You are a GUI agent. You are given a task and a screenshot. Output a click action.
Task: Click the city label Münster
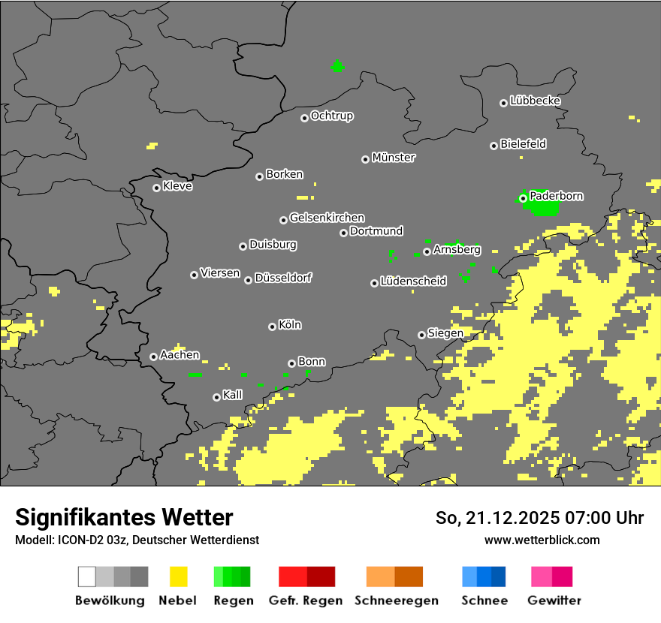[x=394, y=158]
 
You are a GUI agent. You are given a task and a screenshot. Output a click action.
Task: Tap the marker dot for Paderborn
[x=523, y=198]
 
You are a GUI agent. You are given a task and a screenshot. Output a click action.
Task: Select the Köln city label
[x=290, y=325]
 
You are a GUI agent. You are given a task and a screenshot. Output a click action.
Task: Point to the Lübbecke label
[x=535, y=101]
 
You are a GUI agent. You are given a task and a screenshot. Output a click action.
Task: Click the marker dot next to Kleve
[x=156, y=188]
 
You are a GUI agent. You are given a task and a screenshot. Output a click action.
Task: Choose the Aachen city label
[x=180, y=355]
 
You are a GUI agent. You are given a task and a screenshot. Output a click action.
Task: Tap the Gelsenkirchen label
[x=327, y=218]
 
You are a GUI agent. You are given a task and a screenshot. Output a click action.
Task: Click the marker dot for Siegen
[x=421, y=335]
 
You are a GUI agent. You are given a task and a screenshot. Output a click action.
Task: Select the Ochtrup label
[x=332, y=116]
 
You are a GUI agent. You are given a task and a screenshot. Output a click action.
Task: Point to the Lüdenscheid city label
[x=413, y=281]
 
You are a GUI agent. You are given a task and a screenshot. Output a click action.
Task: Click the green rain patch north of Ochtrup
[x=337, y=66]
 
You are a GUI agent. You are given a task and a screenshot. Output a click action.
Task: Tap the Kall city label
[x=233, y=395]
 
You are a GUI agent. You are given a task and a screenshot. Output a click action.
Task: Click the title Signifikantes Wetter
[x=124, y=517]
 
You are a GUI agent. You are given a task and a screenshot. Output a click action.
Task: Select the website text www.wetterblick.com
[x=542, y=540]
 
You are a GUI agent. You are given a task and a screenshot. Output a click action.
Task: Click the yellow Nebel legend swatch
[x=178, y=576]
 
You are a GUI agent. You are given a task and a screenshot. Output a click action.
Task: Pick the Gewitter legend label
[x=554, y=600]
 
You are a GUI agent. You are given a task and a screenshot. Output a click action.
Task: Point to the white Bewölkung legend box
[x=86, y=576]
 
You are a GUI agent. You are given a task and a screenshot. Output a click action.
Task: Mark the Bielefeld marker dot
[x=493, y=146]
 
